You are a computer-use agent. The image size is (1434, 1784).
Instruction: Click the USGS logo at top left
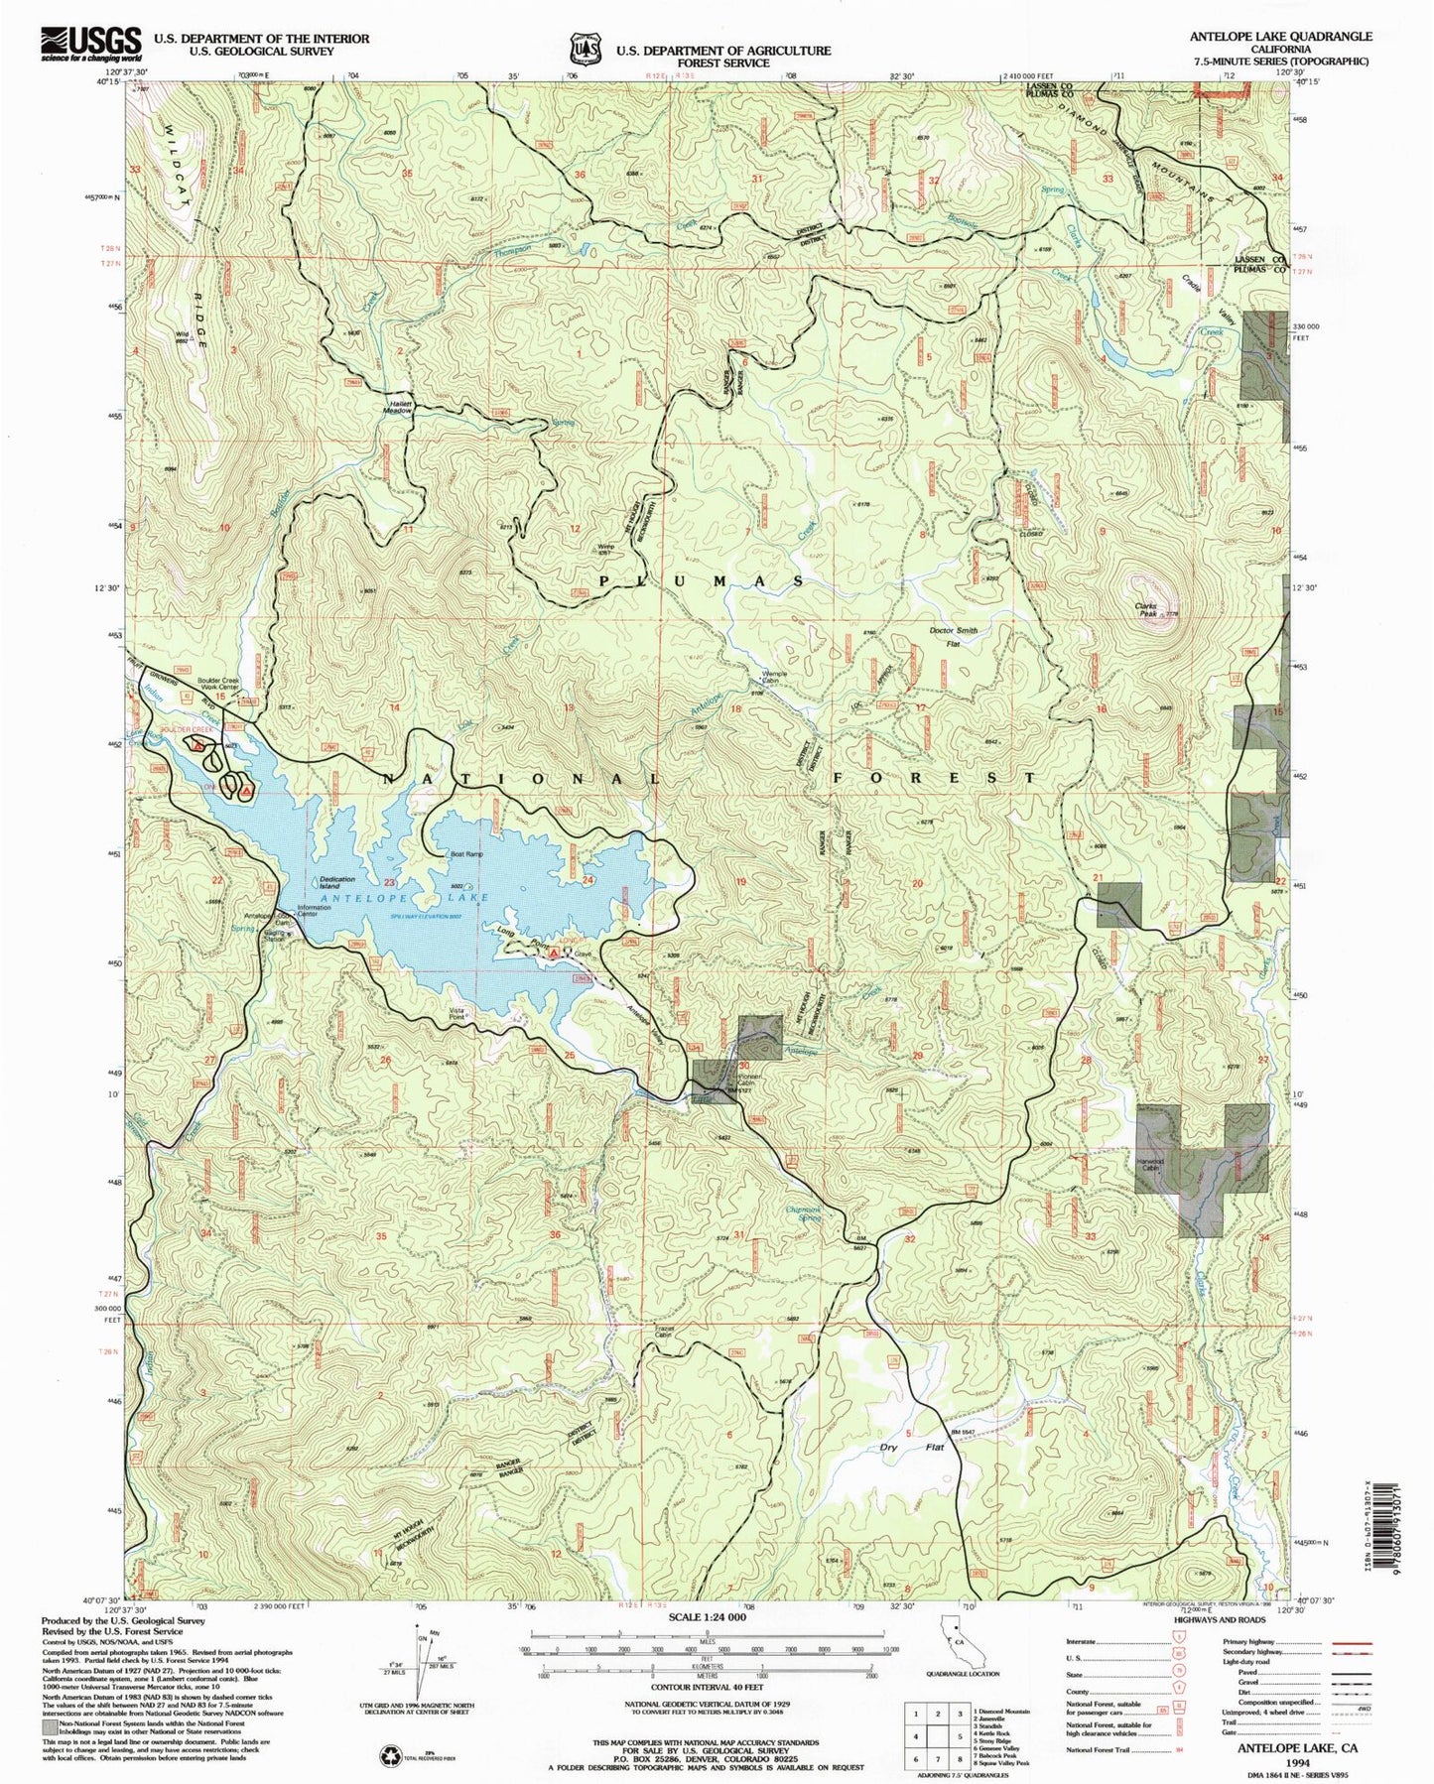click(x=90, y=45)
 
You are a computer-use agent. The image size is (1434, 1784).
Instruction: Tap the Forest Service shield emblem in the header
click(x=586, y=49)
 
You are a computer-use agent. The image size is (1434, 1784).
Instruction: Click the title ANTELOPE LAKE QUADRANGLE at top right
click(x=1281, y=37)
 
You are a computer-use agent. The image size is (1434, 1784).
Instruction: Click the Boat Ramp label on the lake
click(x=466, y=854)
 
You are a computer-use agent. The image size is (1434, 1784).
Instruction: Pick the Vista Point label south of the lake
click(x=456, y=1015)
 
